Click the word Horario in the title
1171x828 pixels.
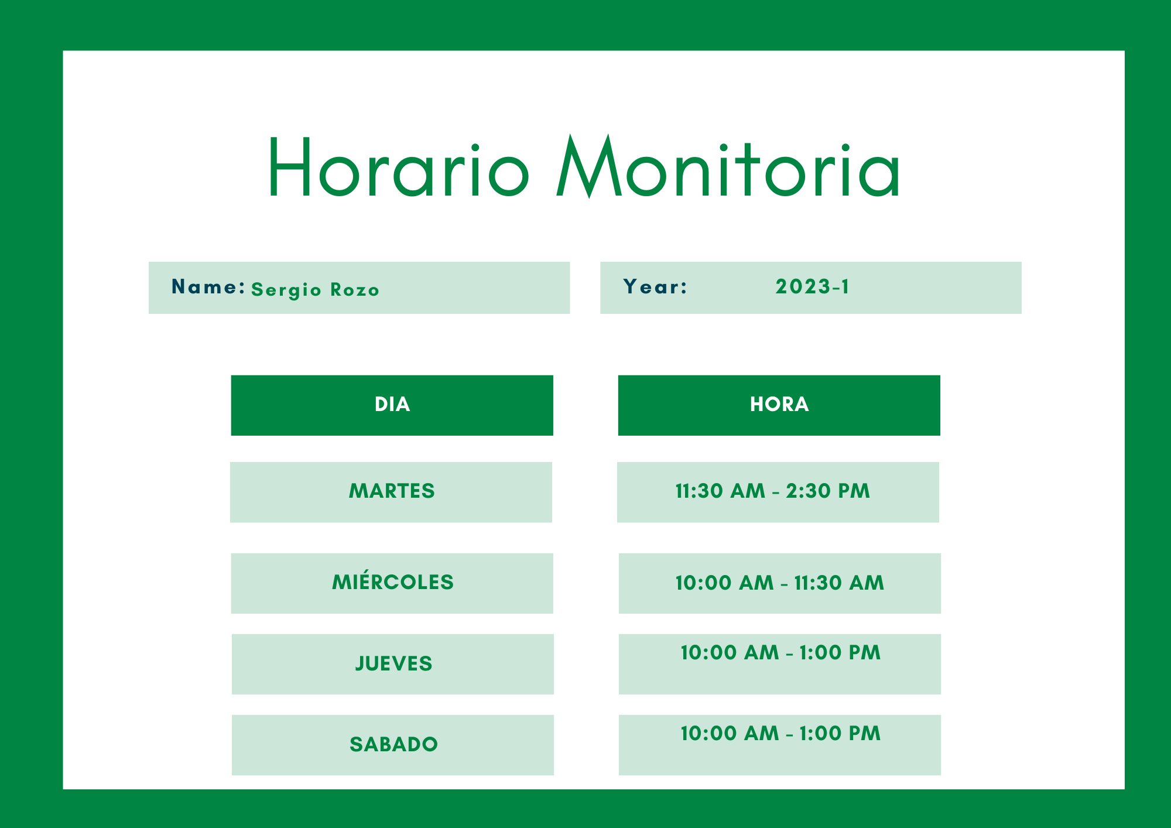click(x=399, y=167)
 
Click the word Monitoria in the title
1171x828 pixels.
click(x=728, y=167)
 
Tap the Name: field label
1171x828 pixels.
click(x=208, y=286)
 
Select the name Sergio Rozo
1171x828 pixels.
click(x=316, y=290)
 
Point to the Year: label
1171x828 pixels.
click(x=655, y=286)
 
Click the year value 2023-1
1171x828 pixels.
click(x=812, y=286)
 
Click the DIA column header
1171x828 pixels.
click(x=392, y=405)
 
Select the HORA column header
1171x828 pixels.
click(x=779, y=405)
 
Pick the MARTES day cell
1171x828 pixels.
click(x=391, y=492)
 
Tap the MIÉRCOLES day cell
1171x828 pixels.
click(x=392, y=583)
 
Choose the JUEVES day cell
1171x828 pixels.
click(x=393, y=664)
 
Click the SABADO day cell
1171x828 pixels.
click(x=393, y=745)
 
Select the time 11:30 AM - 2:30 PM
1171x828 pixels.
click(x=773, y=491)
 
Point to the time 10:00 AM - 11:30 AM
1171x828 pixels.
click(x=780, y=583)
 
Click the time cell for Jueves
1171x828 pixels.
click(x=780, y=664)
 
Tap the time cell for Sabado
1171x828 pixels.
click(x=780, y=745)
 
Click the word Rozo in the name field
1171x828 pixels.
click(x=355, y=289)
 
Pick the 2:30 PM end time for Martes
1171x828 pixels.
click(x=828, y=491)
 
